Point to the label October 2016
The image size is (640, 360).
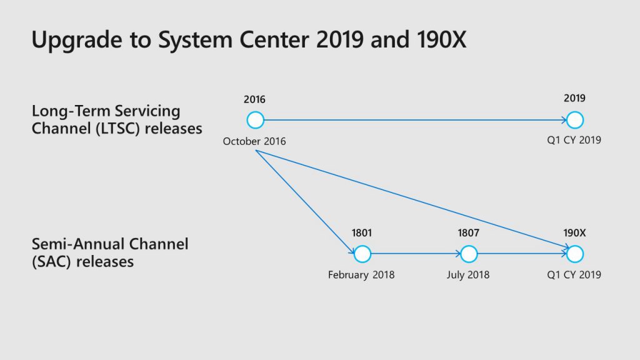click(x=254, y=141)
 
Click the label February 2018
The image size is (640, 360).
click(x=361, y=275)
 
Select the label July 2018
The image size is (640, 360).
click(x=467, y=275)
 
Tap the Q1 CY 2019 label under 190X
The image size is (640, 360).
click(x=574, y=275)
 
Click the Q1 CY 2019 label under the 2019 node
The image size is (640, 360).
click(x=574, y=140)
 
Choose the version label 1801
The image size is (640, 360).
click(x=362, y=233)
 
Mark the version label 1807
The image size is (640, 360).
click(x=468, y=233)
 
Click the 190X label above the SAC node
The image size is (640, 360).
click(x=575, y=233)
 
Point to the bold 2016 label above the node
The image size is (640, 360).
click(x=254, y=99)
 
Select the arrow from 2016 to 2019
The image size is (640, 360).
click(x=415, y=120)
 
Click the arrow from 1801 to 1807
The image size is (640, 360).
click(x=416, y=254)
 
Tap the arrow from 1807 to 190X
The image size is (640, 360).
click(x=522, y=254)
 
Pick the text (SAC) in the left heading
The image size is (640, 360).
click(x=52, y=262)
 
